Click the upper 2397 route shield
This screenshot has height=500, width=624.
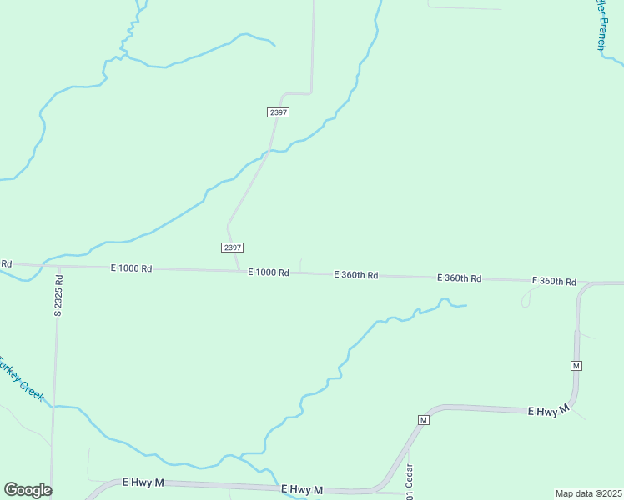point(279,112)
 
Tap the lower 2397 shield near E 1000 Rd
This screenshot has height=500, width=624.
point(233,247)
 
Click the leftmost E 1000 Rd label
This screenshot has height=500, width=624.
point(131,268)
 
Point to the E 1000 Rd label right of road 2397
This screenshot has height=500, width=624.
point(268,272)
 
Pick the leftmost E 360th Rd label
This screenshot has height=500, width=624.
point(356,274)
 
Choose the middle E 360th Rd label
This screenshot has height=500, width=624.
point(459,277)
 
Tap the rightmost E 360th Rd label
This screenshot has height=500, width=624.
point(554,282)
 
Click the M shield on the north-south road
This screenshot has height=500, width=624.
point(576,366)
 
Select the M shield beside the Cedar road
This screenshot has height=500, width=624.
point(423,419)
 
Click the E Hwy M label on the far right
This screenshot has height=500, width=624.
point(548,410)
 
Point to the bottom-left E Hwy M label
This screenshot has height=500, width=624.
point(143,482)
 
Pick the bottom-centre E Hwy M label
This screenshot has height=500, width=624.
point(301,489)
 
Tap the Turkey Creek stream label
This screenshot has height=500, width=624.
point(20,379)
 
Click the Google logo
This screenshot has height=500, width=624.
point(28,490)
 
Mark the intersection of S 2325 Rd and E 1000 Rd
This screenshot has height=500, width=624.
point(59,267)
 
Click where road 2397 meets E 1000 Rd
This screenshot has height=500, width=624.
point(240,270)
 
